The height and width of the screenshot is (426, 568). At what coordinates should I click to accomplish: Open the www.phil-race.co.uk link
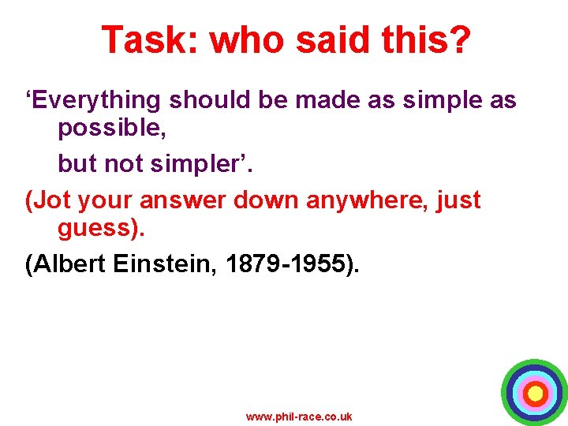coord(299,417)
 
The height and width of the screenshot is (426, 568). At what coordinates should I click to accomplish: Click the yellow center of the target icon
coord(535,392)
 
